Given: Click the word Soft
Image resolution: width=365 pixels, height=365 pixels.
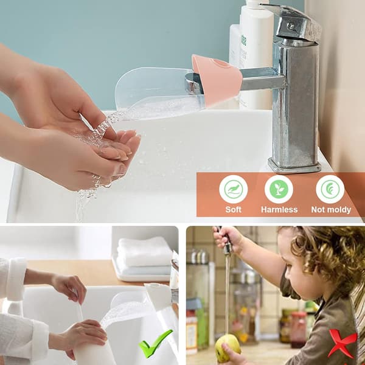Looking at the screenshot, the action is click(233, 209).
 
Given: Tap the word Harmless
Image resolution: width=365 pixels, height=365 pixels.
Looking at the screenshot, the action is click(279, 209).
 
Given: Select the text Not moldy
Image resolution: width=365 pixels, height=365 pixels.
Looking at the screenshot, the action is click(331, 210).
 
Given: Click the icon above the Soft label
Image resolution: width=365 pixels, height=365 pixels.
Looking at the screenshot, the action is click(233, 189).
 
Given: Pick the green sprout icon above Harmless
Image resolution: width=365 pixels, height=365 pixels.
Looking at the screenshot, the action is click(279, 189).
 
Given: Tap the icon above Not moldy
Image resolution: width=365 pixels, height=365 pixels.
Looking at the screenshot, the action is click(330, 189).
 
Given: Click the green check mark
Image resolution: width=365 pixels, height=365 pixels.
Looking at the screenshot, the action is click(155, 343).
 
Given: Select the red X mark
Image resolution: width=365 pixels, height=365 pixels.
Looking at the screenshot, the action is click(342, 343).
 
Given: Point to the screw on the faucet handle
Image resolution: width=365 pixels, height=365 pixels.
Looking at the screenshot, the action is click(290, 26).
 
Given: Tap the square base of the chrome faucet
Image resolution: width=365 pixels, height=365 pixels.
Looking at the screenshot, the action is click(294, 165).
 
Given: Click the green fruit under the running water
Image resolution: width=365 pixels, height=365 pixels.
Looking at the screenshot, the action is click(228, 345).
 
